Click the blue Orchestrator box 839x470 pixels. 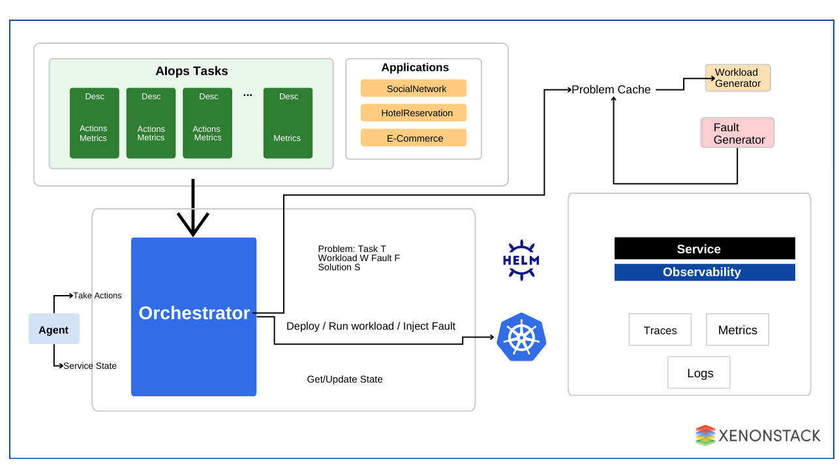[x=194, y=317]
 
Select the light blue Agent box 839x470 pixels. [x=53, y=329]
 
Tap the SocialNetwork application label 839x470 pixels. [x=414, y=88]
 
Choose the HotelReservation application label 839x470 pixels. [x=414, y=113]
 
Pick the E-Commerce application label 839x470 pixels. [x=414, y=138]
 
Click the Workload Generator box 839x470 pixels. [x=737, y=78]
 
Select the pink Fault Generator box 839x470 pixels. [x=738, y=133]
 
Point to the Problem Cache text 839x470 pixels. [x=611, y=89]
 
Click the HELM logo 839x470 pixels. [x=521, y=260]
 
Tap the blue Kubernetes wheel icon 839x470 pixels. [x=521, y=337]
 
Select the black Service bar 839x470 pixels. [x=705, y=249]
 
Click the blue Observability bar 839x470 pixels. [x=705, y=272]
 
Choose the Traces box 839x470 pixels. [x=660, y=330]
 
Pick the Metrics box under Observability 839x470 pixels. [x=737, y=330]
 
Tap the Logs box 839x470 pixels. [x=699, y=373]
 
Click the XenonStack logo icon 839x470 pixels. [x=705, y=435]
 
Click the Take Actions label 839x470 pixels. [x=97, y=296]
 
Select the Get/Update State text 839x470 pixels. [x=344, y=379]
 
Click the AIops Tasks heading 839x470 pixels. [x=191, y=71]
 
